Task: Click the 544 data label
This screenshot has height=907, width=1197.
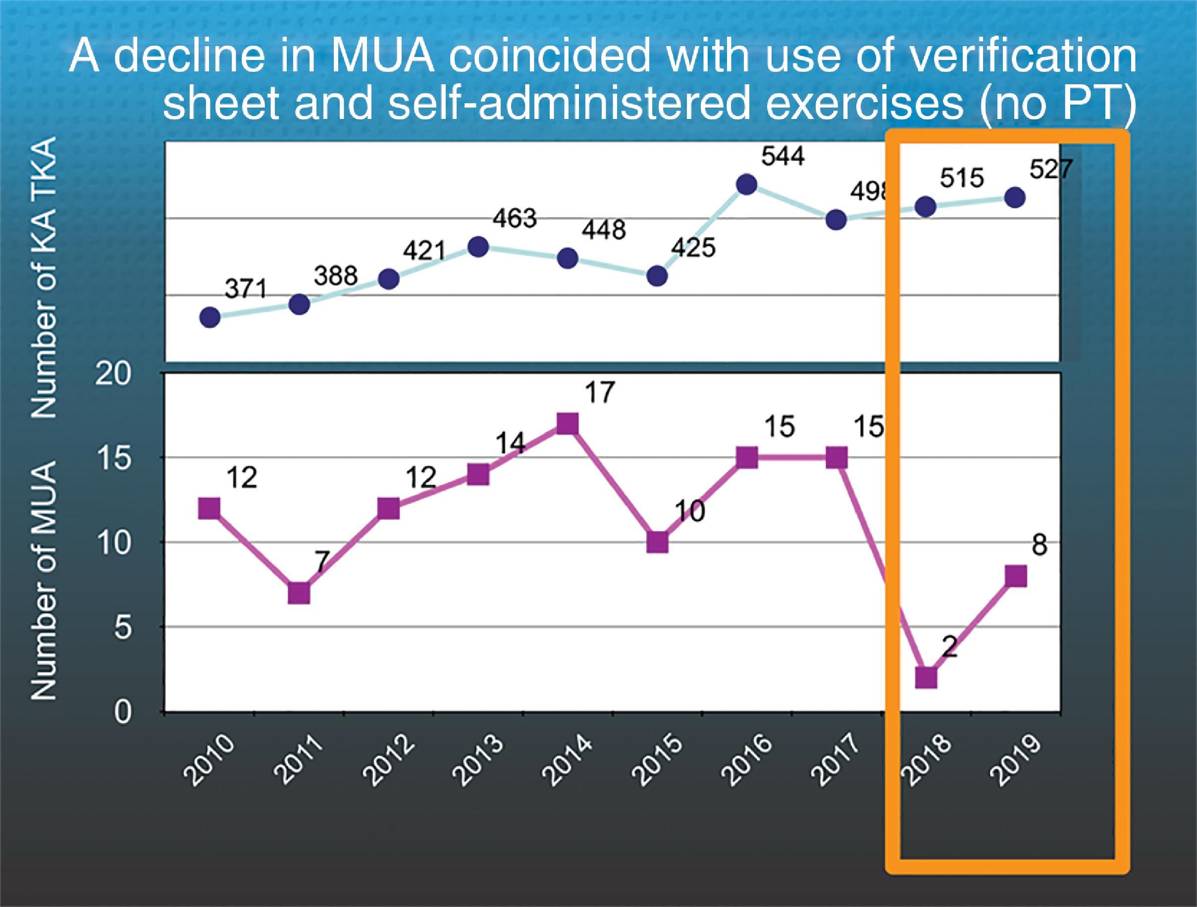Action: (782, 157)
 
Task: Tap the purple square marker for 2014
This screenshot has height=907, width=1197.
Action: (567, 424)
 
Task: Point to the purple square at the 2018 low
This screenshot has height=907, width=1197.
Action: (926, 678)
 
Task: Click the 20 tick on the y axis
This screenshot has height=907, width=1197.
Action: (113, 374)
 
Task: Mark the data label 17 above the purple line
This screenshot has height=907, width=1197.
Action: (600, 393)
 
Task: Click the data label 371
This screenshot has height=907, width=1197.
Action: (246, 288)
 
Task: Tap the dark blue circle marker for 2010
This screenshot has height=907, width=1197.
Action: (210, 317)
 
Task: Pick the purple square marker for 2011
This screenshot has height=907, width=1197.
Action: (299, 593)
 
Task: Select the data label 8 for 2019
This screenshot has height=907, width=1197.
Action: (1040, 545)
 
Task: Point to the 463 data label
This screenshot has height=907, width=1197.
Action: (514, 218)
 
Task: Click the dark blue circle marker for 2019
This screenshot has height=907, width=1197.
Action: (1015, 198)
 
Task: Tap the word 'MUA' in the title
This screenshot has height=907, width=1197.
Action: (383, 57)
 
